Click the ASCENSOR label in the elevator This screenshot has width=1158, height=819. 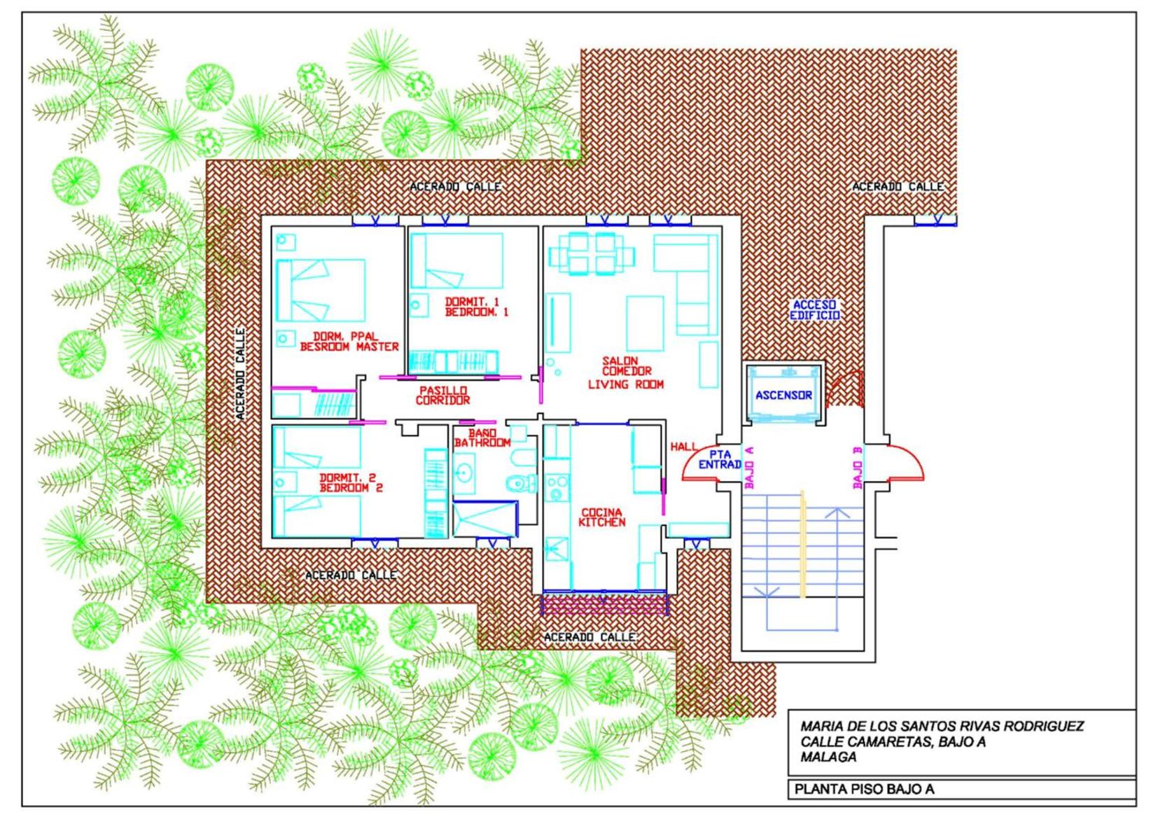[x=783, y=395]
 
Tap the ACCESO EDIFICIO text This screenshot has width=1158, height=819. [x=814, y=310]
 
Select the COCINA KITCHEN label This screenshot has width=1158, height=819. [x=601, y=517]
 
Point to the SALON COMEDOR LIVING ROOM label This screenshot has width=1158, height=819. [x=625, y=372]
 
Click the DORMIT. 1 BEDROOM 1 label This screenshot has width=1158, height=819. [x=477, y=307]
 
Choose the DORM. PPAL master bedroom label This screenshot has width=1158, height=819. [x=349, y=342]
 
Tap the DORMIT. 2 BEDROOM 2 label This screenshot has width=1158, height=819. [x=351, y=482]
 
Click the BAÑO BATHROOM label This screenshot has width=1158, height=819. [x=482, y=437]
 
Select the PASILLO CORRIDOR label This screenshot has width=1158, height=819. [x=443, y=395]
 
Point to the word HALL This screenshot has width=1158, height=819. [x=683, y=446]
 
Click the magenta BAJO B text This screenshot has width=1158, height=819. [x=857, y=468]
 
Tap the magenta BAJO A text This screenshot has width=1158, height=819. [x=749, y=467]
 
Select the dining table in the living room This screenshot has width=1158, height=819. [x=592, y=253]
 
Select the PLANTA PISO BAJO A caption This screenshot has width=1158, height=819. [x=865, y=789]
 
